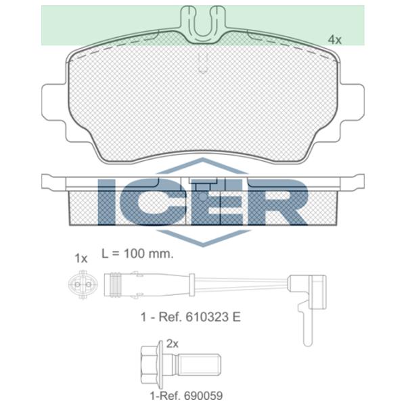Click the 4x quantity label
click(334, 40)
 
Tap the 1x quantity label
click(81, 258)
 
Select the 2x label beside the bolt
click(172, 344)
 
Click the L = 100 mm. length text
click(137, 254)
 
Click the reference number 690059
click(203, 396)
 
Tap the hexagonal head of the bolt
click(149, 366)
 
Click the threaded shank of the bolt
click(199, 366)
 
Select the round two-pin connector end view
click(83, 285)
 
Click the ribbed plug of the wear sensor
click(123, 285)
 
